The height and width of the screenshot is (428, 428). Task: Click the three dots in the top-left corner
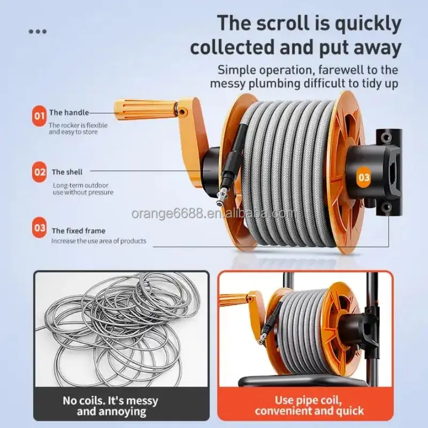[37, 32]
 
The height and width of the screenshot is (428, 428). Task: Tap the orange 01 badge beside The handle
[39, 116]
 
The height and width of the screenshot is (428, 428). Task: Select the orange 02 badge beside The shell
[39, 172]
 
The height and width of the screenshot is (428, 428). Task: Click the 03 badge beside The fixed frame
[39, 228]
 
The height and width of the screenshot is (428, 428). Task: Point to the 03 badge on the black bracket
[364, 178]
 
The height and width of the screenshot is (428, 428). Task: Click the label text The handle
[69, 112]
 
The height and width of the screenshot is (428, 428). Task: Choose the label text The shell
[67, 172]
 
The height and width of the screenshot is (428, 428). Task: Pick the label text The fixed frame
[79, 231]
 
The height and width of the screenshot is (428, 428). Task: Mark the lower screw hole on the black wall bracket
[385, 208]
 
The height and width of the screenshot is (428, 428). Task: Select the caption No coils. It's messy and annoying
[111, 406]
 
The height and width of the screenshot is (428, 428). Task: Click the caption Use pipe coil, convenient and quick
[309, 406]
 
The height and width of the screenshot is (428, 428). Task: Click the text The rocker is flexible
[78, 125]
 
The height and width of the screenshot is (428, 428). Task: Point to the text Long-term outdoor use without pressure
[83, 189]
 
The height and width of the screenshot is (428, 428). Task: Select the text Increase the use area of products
[99, 241]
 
